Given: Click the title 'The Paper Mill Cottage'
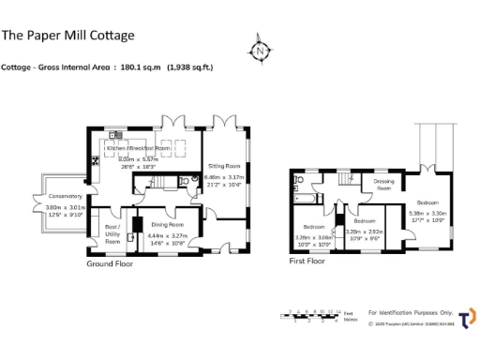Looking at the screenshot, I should click(x=67, y=36).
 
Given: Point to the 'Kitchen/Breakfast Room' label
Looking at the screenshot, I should click(x=138, y=148).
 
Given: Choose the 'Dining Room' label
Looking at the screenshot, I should click(x=168, y=225).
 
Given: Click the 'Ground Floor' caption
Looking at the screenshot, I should click(x=111, y=264).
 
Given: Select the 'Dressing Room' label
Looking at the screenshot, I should click(x=382, y=185).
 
